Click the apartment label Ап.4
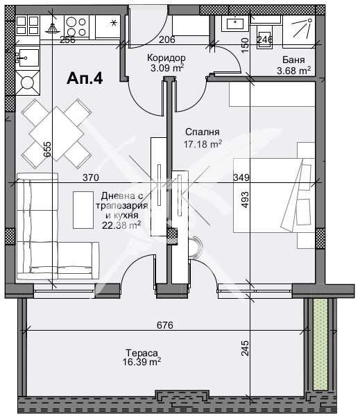pyautogui.click(x=85, y=79)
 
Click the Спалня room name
pyautogui.click(x=203, y=132)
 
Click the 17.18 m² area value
pyautogui.click(x=203, y=144)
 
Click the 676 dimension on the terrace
pyautogui.click(x=164, y=325)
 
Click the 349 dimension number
pyautogui.click(x=241, y=177)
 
